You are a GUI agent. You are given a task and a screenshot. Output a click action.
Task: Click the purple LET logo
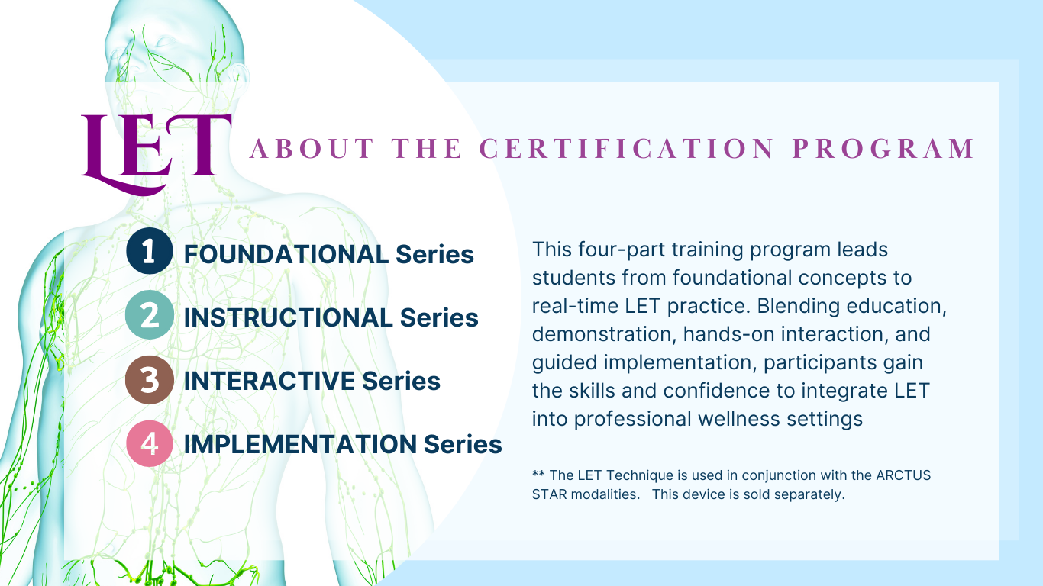click(x=156, y=153)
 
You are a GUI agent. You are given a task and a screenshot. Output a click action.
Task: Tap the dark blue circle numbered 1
click(x=150, y=251)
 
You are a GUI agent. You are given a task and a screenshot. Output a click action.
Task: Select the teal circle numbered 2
click(x=150, y=315)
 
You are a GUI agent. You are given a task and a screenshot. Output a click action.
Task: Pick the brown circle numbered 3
click(x=150, y=380)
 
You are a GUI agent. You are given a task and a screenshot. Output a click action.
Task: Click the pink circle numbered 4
click(x=150, y=443)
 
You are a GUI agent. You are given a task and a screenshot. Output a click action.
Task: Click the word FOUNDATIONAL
click(x=286, y=254)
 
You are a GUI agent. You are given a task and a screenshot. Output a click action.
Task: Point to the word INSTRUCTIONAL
click(x=289, y=317)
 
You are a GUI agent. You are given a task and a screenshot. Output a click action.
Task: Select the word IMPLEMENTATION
click(x=300, y=444)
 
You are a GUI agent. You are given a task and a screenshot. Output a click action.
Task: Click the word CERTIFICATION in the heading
click(x=627, y=149)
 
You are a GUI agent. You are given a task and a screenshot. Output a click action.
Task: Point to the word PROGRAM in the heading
click(x=883, y=149)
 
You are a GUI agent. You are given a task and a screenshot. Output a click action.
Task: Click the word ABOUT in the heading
click(x=312, y=149)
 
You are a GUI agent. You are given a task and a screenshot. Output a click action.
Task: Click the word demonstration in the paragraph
click(x=604, y=335)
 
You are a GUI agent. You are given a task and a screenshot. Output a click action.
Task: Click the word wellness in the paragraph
click(x=739, y=419)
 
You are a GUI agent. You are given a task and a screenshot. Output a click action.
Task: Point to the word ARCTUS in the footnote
click(x=903, y=475)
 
